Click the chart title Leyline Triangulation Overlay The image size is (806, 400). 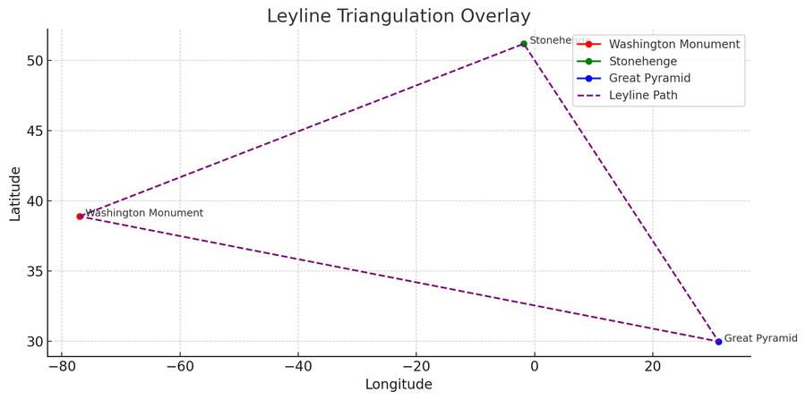[399, 16]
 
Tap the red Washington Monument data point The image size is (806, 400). [80, 217]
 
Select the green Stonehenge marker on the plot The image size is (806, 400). [524, 44]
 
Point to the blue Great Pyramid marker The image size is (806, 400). [718, 341]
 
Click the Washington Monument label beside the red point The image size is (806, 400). [144, 213]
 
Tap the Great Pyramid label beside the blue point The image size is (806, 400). [760, 338]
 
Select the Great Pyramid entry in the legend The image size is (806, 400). [649, 78]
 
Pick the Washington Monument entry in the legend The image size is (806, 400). [673, 44]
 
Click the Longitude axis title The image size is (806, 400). [399, 385]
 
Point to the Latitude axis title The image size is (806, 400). [15, 192]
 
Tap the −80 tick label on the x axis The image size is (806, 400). [61, 367]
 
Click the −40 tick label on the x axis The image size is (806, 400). [297, 367]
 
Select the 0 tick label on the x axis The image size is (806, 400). [535, 367]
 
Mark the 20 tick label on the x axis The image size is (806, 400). [653, 367]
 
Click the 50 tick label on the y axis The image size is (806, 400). [32, 61]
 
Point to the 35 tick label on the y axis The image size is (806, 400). [32, 271]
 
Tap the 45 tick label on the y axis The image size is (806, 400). [32, 131]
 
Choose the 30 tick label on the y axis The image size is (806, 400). [32, 342]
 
